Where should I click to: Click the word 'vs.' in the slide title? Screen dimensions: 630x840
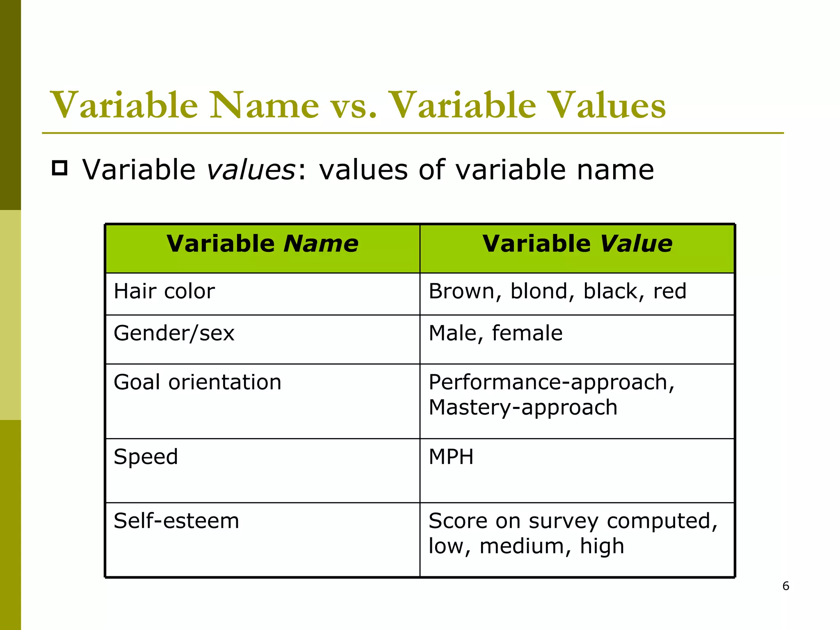click(x=354, y=106)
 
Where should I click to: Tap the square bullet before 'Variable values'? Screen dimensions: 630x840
click(x=60, y=168)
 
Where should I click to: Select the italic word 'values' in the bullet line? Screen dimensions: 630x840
click(x=251, y=170)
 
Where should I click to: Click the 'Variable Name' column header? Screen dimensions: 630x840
click(x=262, y=244)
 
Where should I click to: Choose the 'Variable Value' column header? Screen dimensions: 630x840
click(x=577, y=244)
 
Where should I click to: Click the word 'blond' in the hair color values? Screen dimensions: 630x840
click(x=539, y=292)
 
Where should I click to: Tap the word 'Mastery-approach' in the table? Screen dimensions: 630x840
click(x=523, y=408)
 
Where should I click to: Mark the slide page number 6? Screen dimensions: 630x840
click(x=785, y=586)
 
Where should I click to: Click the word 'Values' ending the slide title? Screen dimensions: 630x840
click(x=607, y=106)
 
